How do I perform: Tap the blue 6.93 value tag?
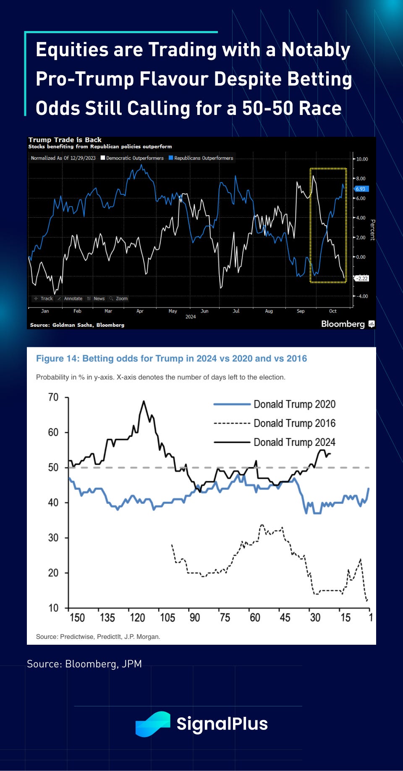click(x=361, y=189)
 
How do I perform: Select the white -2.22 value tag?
click(x=361, y=279)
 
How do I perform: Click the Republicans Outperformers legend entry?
click(x=201, y=158)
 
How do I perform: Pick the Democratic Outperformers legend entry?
click(x=132, y=158)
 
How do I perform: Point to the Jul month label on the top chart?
click(x=236, y=311)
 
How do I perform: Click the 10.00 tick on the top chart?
click(x=362, y=159)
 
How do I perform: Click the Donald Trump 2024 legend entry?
click(x=294, y=442)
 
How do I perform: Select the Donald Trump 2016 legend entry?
click(x=294, y=423)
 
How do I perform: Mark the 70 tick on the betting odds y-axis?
click(x=53, y=397)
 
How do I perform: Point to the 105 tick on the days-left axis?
click(x=167, y=617)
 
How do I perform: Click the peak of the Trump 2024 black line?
click(x=144, y=401)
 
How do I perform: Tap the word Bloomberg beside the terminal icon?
click(x=343, y=324)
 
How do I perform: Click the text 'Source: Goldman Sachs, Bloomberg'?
click(x=77, y=325)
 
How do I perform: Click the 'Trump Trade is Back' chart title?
click(x=65, y=140)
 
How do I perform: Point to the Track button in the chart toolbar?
click(x=44, y=299)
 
